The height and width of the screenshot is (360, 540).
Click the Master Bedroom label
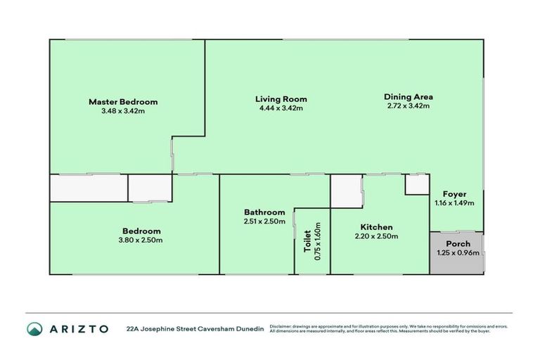[123, 102]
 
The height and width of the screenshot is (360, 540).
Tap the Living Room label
[281, 99]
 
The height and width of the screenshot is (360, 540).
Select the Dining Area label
[408, 97]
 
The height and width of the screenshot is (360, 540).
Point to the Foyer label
[454, 194]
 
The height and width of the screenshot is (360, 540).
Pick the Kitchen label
[376, 227]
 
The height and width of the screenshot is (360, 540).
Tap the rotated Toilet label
[307, 242]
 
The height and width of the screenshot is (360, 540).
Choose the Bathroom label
[264, 212]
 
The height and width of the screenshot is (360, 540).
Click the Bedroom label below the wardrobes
[141, 231]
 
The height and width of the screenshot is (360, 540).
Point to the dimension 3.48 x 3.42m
[123, 111]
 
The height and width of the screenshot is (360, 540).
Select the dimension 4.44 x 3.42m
[281, 108]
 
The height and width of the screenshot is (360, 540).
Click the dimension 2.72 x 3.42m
[408, 106]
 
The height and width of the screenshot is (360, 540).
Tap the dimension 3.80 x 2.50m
[141, 240]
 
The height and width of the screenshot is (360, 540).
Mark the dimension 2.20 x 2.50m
[376, 236]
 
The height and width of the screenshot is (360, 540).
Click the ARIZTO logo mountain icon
[34, 328]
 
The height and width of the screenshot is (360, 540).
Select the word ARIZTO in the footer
[78, 328]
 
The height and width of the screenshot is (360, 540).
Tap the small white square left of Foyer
[416, 184]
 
